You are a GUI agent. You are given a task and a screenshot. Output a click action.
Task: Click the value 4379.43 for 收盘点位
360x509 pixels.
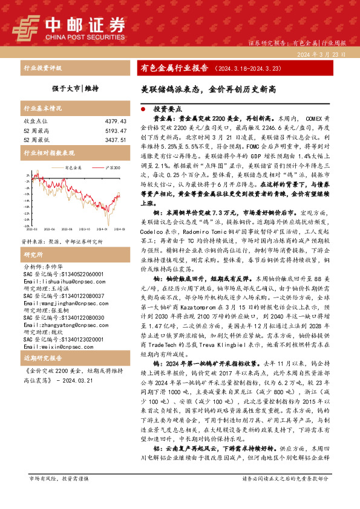[x=114, y=122]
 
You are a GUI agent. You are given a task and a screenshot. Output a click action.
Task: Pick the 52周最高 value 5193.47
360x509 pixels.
[x=114, y=131]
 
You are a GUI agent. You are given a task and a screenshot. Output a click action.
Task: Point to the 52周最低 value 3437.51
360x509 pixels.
[x=114, y=140]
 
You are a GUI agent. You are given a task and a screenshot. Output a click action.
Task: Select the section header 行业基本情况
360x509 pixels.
[x=42, y=108]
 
